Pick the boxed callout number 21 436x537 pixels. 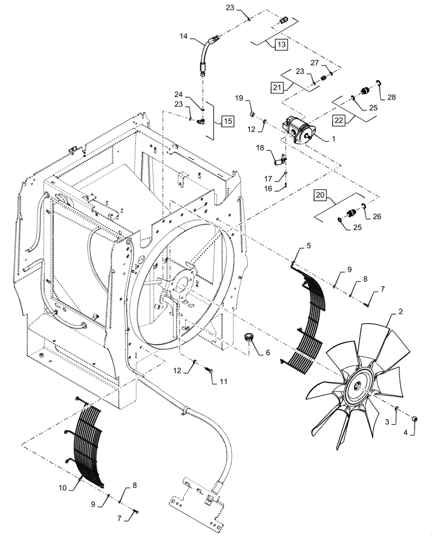coord(277,87)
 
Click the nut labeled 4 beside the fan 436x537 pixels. coord(415,419)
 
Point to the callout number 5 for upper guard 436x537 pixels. coord(308,245)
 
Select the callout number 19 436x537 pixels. coord(240,98)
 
